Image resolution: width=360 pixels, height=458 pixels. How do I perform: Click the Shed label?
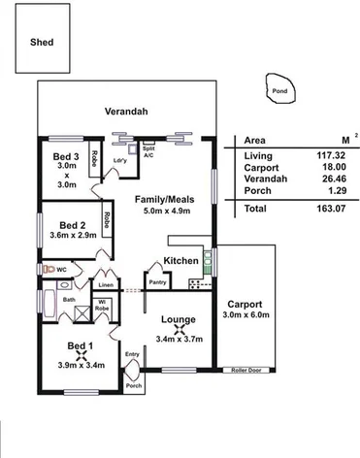pyautogui.click(x=42, y=44)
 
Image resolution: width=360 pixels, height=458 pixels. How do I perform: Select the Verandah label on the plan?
pyautogui.click(x=126, y=113)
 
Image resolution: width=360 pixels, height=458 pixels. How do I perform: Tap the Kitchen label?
pyautogui.click(x=180, y=261)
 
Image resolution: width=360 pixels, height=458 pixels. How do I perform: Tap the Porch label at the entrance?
pyautogui.click(x=134, y=385)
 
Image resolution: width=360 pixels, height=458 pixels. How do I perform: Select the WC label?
pyautogui.click(x=61, y=269)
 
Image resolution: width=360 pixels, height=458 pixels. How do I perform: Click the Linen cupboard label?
pyautogui.click(x=105, y=285)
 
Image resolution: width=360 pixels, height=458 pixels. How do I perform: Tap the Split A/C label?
pyautogui.click(x=148, y=152)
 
